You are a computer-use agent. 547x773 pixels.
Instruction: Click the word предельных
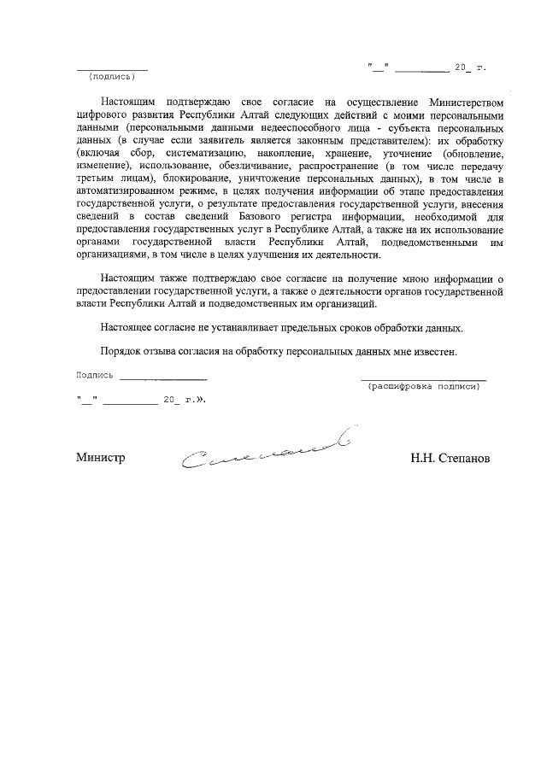click(326, 328)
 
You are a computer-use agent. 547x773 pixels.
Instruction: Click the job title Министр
click(101, 458)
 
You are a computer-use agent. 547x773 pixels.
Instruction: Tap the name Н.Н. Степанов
click(450, 458)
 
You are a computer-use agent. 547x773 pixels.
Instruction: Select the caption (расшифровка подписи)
click(423, 387)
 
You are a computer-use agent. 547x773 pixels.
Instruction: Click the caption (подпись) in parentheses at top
click(112, 76)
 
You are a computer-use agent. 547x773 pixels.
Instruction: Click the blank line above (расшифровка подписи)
click(423, 378)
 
